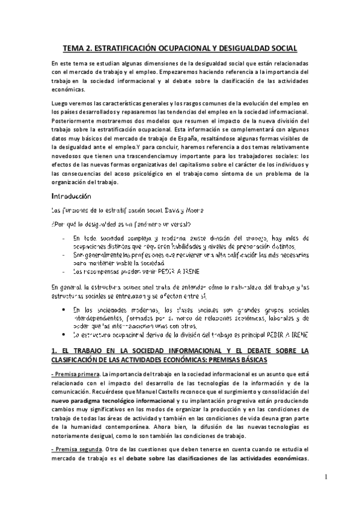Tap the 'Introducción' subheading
point(71,196)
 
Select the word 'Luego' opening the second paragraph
point(59,103)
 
